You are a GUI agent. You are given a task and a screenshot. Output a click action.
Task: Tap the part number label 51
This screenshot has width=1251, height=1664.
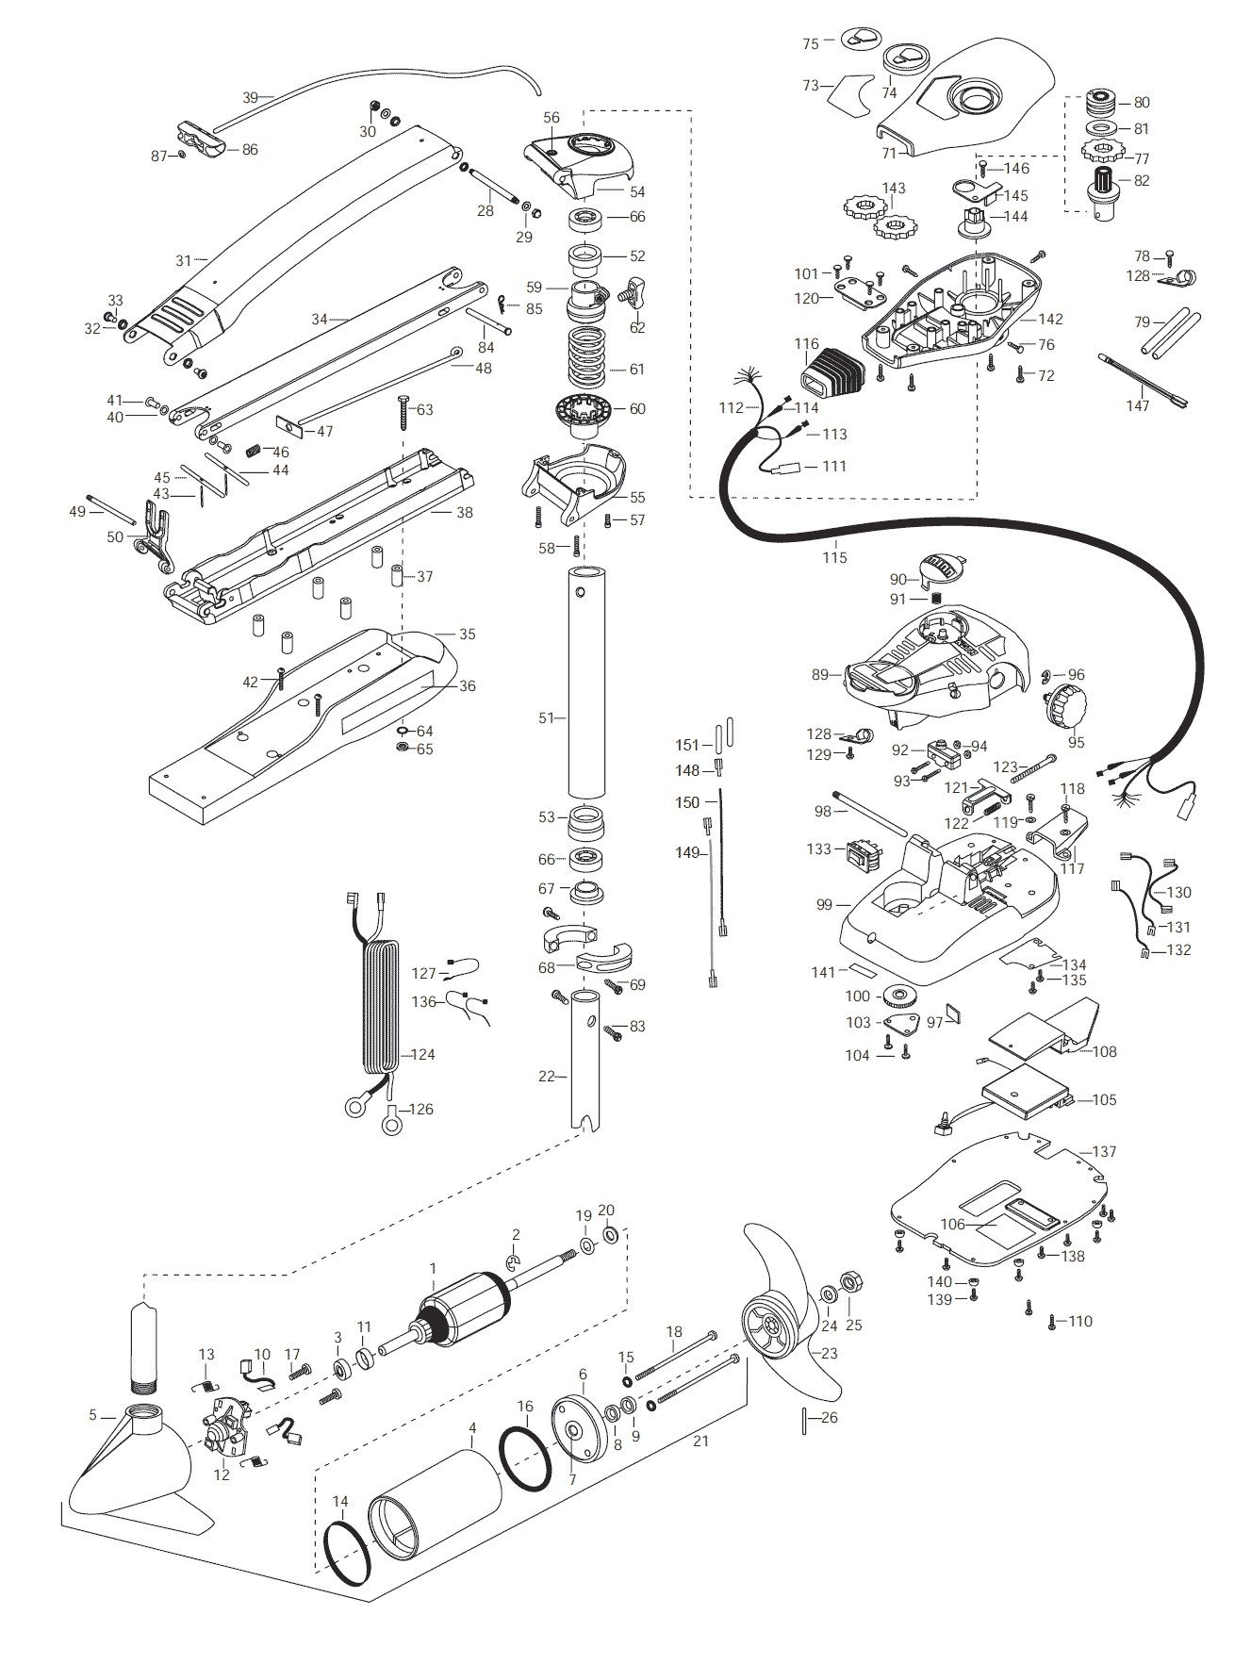(547, 718)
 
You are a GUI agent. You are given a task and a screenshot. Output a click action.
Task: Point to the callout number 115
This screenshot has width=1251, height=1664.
(834, 557)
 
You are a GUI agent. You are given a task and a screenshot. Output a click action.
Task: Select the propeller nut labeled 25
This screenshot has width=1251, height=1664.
(851, 1283)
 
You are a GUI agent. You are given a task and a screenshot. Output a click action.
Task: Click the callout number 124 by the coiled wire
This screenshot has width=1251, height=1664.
(422, 1054)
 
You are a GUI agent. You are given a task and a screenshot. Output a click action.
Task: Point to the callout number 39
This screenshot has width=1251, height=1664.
(250, 97)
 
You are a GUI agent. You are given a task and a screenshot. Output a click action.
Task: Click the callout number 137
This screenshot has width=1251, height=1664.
(1104, 1151)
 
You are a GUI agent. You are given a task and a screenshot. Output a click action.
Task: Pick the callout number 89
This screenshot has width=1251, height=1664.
(820, 674)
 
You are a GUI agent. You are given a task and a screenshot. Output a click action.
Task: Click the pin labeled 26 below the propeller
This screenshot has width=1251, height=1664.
(804, 1420)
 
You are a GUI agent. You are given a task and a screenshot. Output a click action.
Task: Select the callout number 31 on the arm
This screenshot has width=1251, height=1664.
(183, 260)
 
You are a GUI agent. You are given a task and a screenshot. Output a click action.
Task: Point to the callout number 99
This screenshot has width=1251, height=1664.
(825, 904)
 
